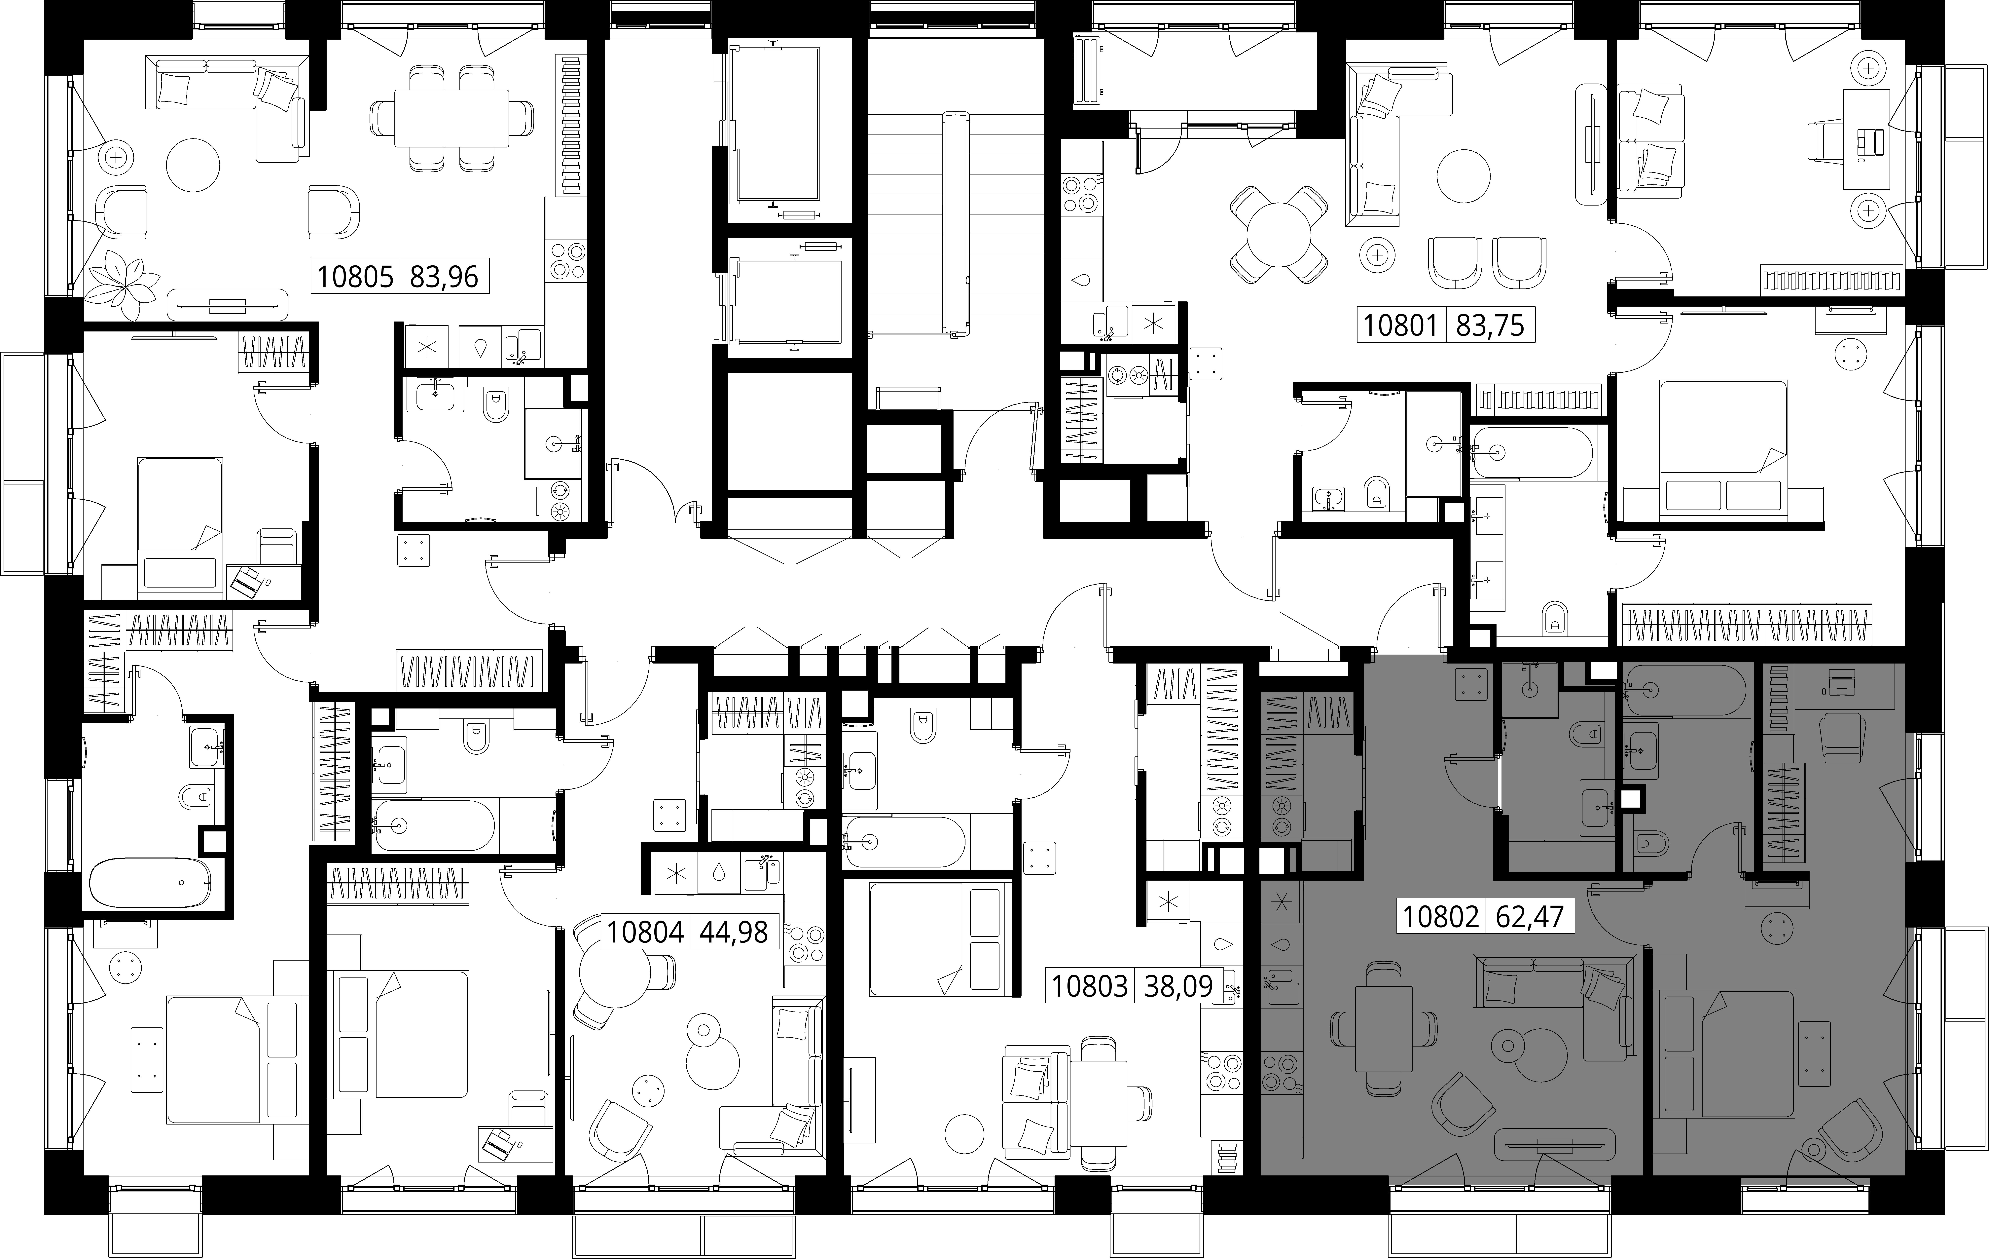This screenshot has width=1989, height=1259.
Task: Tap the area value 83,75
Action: click(x=1490, y=325)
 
